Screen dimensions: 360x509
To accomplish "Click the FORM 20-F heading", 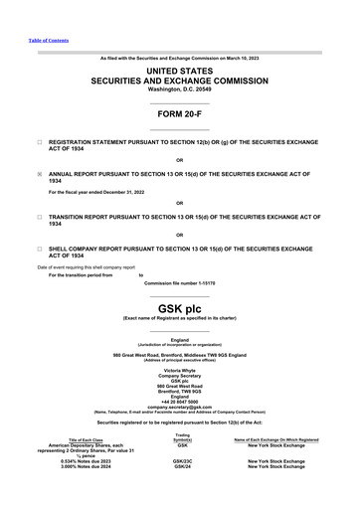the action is [179, 114].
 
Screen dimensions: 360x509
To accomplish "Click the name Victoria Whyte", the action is [179, 369].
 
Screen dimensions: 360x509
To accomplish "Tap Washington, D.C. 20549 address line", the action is [179, 88].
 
